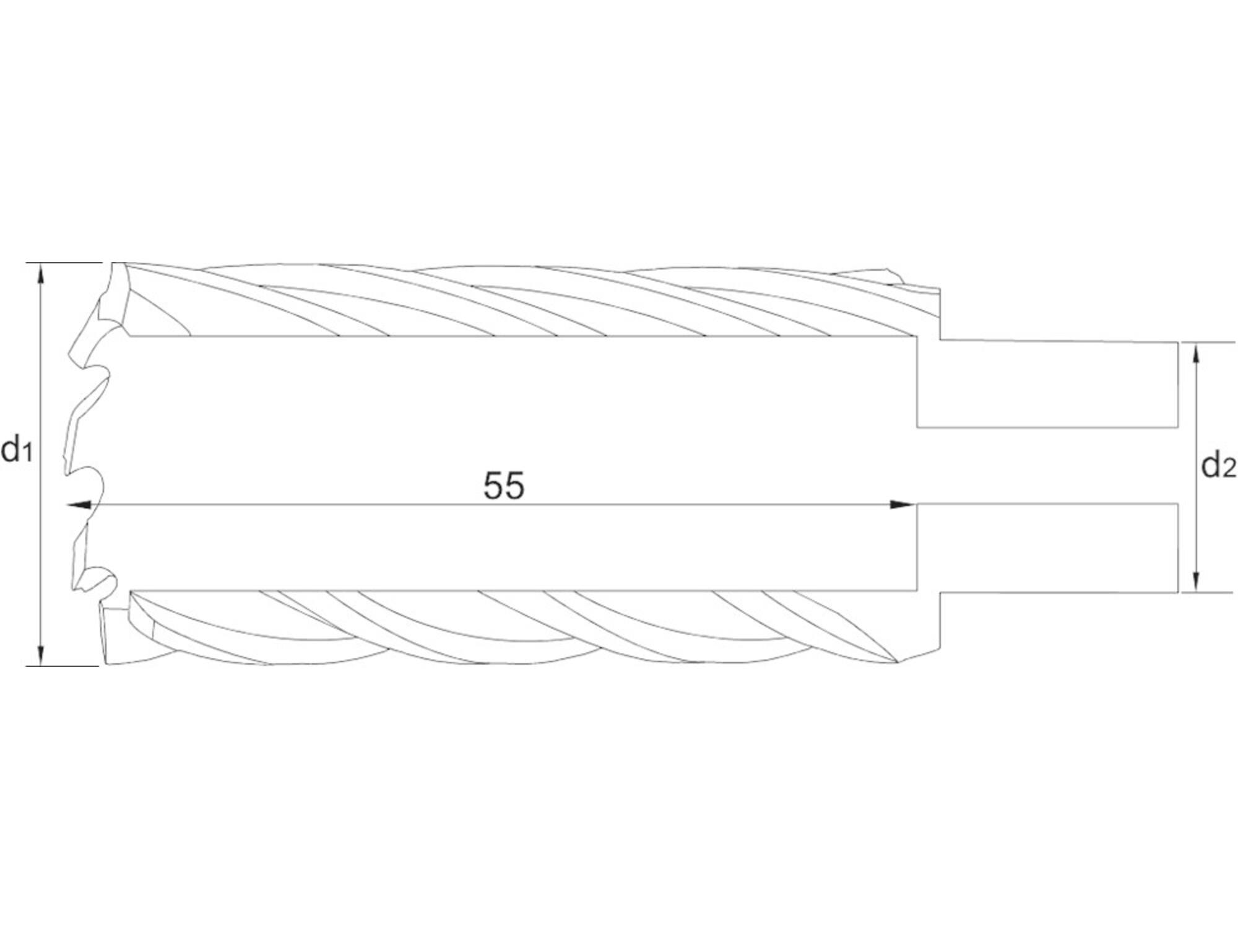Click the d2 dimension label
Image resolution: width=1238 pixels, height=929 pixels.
[x=1218, y=465]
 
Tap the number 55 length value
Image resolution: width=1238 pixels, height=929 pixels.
[x=504, y=486]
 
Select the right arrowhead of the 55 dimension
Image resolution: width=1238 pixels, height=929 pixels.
[x=903, y=505]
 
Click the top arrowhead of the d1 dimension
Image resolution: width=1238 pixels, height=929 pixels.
[x=41, y=276]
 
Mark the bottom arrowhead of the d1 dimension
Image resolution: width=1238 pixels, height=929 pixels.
[x=41, y=653]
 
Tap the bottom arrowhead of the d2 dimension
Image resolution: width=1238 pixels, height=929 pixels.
[x=1196, y=580]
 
